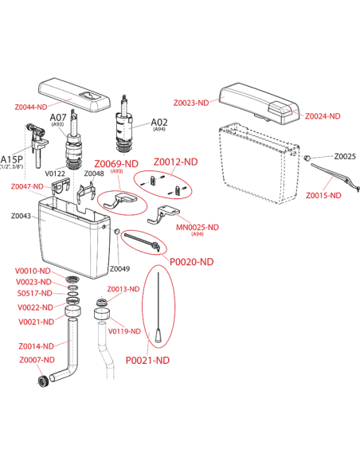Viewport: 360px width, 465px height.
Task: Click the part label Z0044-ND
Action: (x=31, y=107)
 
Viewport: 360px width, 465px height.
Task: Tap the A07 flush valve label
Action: (x=58, y=117)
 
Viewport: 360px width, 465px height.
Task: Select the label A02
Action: (x=159, y=122)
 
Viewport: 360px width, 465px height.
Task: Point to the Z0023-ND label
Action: (x=191, y=103)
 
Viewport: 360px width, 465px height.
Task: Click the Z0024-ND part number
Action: (x=323, y=116)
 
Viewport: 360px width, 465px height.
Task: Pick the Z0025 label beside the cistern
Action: (x=345, y=156)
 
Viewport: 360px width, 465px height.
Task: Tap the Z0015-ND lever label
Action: (x=323, y=195)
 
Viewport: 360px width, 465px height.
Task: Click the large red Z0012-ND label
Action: (x=175, y=162)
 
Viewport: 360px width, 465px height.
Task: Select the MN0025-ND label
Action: (x=198, y=228)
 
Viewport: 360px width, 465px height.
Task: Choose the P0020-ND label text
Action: (x=192, y=262)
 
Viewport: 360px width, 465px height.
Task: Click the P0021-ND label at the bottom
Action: (x=147, y=361)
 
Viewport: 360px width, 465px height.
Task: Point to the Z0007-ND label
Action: (x=37, y=360)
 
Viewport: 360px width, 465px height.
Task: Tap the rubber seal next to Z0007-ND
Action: (x=43, y=381)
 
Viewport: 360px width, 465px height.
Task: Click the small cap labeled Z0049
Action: (x=117, y=231)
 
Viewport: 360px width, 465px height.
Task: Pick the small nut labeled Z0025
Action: (x=307, y=157)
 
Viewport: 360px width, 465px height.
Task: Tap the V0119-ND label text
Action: (x=124, y=331)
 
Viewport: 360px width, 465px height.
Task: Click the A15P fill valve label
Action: (x=12, y=159)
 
